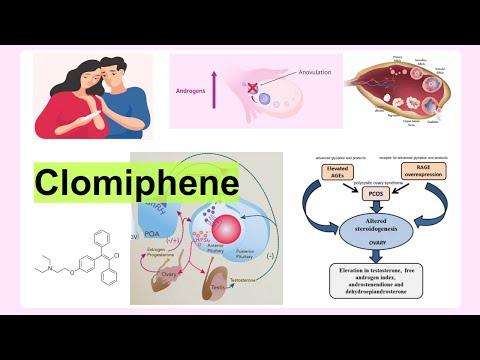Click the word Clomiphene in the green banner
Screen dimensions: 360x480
[x=136, y=183]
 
